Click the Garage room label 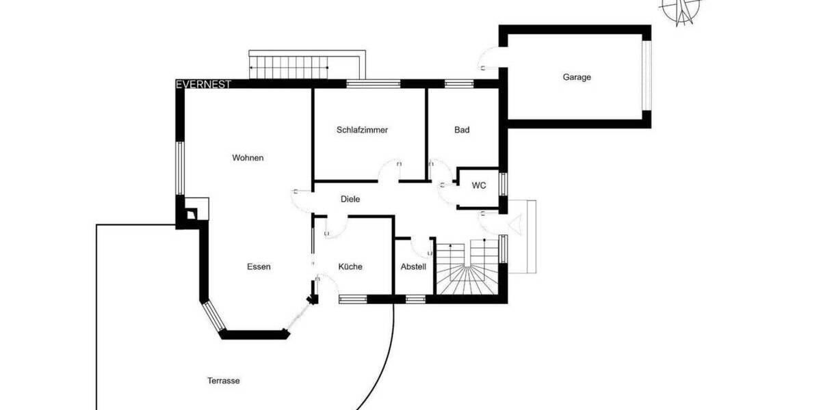(x=577, y=77)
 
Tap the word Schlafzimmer (x=362, y=130)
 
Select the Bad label (x=462, y=130)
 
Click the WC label (x=479, y=185)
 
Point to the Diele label (x=350, y=199)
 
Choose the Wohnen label (x=248, y=158)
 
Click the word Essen (x=259, y=266)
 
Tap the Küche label (x=350, y=266)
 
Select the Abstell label (x=413, y=266)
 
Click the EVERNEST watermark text (x=203, y=85)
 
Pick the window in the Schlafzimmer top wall (x=373, y=84)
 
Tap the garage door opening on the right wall (x=646, y=77)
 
